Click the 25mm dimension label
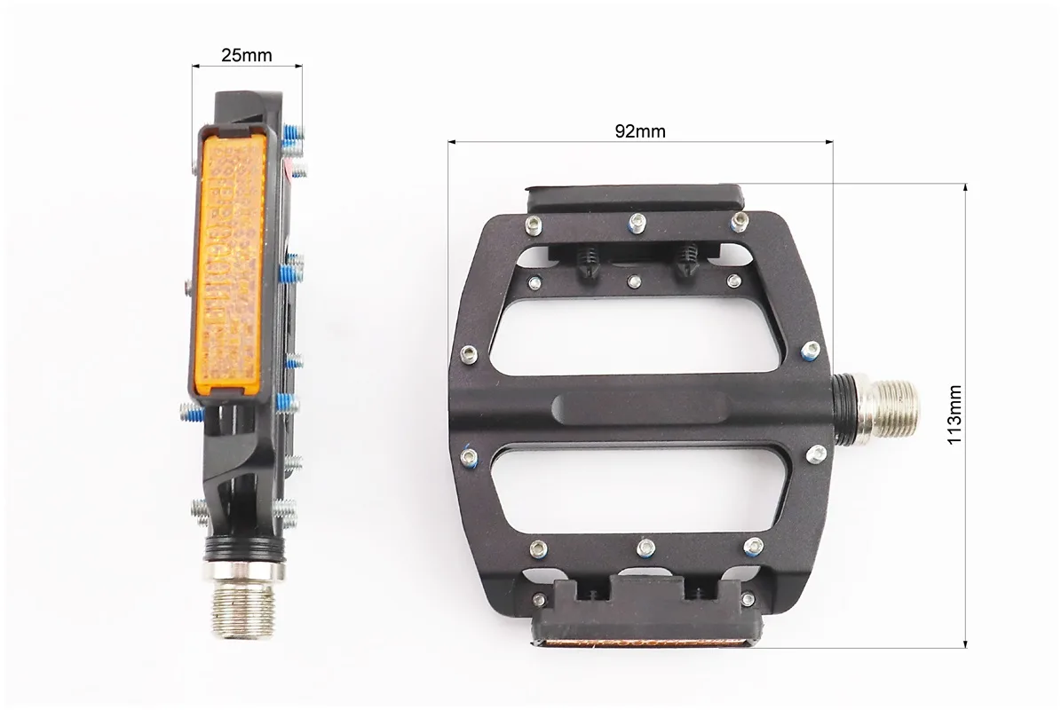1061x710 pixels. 246,55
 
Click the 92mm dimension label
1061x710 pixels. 639,131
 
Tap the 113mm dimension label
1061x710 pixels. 954,414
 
